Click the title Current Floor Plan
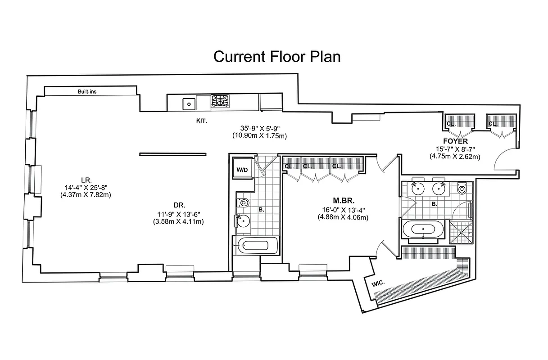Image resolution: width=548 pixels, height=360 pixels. (x=276, y=57)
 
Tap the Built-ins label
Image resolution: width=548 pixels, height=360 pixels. (x=87, y=91)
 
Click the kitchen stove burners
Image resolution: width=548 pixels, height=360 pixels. (x=220, y=101)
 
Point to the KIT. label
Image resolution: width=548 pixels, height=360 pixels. (x=201, y=121)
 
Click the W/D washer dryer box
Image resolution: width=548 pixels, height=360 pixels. (x=242, y=170)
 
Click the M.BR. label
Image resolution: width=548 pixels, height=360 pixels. (x=343, y=200)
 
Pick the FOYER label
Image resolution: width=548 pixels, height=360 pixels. (x=455, y=141)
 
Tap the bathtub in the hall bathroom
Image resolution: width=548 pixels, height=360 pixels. (x=255, y=246)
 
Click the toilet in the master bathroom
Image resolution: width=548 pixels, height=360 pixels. (x=462, y=189)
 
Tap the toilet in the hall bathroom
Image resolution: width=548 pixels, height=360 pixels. (x=244, y=203)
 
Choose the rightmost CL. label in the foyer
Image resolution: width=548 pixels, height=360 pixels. (x=493, y=123)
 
